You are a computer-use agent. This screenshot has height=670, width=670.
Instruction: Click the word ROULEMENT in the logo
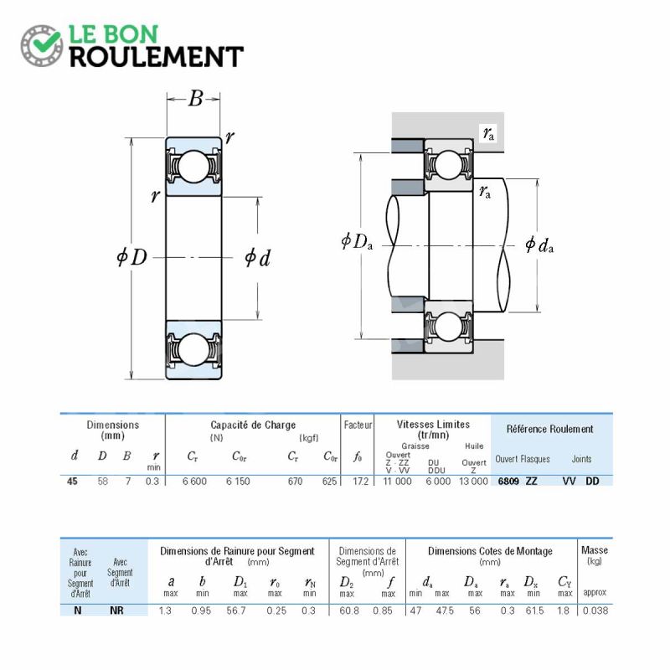(157, 57)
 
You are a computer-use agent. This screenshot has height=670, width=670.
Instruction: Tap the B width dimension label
(195, 98)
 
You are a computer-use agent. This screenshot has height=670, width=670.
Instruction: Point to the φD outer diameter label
(132, 257)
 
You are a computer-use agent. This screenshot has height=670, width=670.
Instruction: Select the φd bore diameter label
(257, 258)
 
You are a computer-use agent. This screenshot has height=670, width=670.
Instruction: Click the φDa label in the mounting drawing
(357, 241)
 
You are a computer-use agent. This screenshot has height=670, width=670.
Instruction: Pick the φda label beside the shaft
(539, 245)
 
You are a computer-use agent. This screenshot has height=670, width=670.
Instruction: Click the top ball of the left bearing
(193, 166)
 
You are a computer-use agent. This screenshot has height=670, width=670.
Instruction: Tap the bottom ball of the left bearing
(193, 349)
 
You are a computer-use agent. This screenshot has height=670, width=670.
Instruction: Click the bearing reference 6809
(508, 481)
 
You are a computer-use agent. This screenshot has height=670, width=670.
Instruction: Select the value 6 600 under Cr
(194, 481)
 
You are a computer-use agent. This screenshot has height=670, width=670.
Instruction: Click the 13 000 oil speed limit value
(473, 481)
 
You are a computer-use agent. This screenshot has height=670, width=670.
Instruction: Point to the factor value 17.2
(361, 481)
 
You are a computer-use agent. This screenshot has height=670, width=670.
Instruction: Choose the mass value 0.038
(595, 611)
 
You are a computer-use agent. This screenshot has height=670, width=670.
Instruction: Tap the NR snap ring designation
(116, 611)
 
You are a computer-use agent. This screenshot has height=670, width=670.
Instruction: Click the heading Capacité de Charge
(253, 425)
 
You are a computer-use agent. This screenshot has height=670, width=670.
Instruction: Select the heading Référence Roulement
(550, 429)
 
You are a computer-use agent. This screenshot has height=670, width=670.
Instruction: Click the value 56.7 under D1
(236, 611)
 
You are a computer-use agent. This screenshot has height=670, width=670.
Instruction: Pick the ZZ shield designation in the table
(532, 481)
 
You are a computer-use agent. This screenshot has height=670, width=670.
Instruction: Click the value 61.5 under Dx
(534, 611)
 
